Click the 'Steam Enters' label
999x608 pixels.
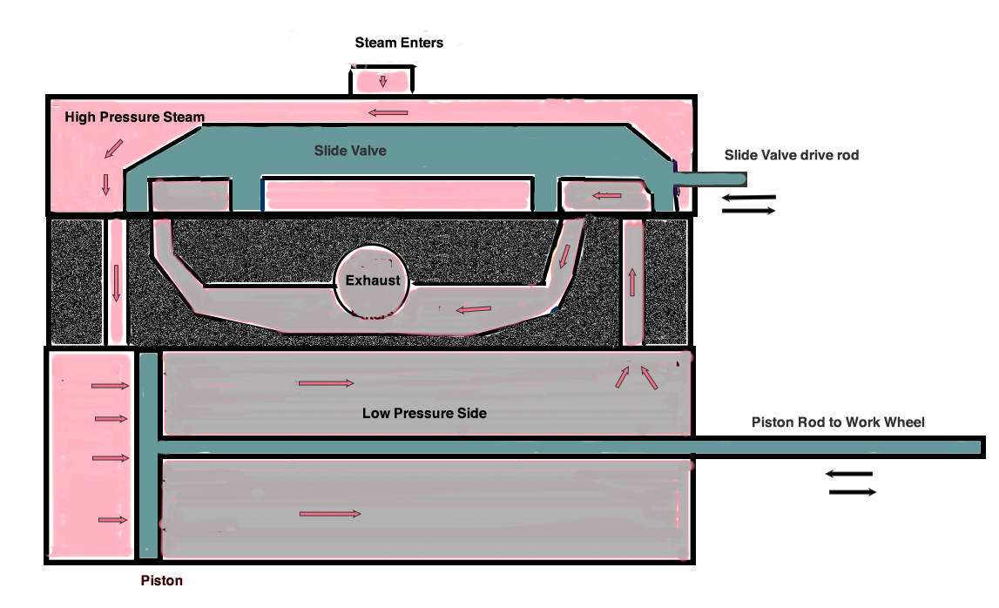399,43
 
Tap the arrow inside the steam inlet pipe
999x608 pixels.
383,82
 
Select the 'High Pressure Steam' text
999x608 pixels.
134,118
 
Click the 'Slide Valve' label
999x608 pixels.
350,151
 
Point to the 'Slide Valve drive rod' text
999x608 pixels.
792,155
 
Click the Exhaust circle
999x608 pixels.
372,280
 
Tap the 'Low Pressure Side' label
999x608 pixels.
424,413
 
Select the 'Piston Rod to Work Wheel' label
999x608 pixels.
838,422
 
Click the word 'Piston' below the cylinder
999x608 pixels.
162,581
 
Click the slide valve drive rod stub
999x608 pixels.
710,179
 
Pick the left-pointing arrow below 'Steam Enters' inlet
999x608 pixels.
388,113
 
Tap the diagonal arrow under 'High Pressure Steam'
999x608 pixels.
113,148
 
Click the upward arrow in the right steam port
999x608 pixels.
632,281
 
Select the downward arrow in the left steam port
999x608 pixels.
116,283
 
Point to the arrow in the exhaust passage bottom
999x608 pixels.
474,310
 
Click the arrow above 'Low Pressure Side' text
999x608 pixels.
327,383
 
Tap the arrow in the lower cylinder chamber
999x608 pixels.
330,514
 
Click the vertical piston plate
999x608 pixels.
148,456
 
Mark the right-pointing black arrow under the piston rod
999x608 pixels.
853,492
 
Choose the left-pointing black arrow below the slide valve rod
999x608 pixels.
749,199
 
